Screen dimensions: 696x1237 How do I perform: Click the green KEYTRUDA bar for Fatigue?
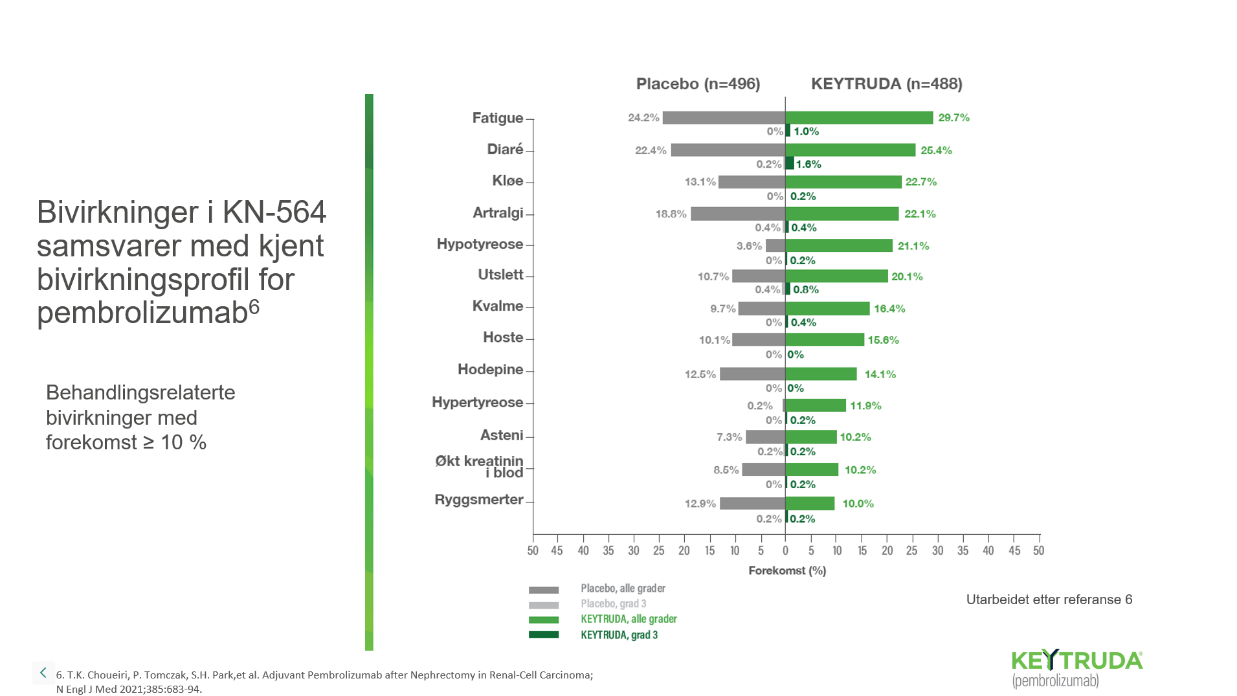[x=859, y=118]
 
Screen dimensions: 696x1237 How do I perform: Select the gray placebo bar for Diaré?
[x=728, y=150]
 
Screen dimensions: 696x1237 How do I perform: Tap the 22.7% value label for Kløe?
[x=920, y=182]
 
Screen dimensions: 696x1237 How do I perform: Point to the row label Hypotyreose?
[x=480, y=245]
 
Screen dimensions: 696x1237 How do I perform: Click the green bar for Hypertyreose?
[x=816, y=405]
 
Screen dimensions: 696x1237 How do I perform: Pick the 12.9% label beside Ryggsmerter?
[x=700, y=504]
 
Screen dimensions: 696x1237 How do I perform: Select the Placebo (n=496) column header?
[x=698, y=84]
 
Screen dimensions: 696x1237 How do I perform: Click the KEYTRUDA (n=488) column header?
[x=886, y=84]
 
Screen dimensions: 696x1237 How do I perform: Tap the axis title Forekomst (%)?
[x=787, y=570]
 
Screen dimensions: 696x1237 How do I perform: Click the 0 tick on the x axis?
[x=785, y=550]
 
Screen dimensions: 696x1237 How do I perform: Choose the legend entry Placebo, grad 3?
[x=613, y=604]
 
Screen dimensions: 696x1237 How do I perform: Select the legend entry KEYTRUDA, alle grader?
[x=629, y=619]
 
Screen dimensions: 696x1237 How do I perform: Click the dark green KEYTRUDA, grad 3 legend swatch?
[x=544, y=634]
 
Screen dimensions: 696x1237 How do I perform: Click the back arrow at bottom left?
[x=43, y=673]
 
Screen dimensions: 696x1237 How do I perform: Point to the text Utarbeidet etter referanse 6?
[x=1049, y=600]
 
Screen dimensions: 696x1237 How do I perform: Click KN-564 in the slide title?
[x=274, y=212]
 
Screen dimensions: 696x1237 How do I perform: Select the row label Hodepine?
[x=490, y=370]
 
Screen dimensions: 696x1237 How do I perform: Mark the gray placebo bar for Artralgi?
[x=737, y=214]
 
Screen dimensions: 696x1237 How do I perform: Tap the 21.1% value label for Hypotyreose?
[x=913, y=246]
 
